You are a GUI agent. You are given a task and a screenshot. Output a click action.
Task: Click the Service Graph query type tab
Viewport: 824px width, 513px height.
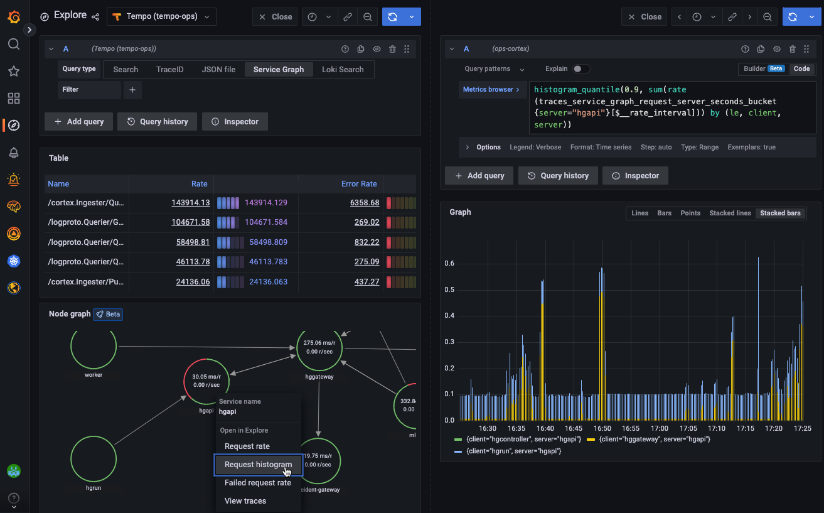(278, 70)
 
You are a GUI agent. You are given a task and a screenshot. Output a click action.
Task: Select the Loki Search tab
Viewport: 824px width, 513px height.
(342, 70)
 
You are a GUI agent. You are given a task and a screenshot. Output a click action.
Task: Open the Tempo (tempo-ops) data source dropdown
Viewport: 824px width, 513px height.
(161, 17)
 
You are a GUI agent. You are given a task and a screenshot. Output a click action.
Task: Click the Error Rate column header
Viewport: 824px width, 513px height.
(359, 184)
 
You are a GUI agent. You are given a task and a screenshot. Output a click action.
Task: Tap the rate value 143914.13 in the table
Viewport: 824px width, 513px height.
(190, 203)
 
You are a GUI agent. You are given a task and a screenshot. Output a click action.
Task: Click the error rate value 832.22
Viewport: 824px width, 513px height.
(367, 242)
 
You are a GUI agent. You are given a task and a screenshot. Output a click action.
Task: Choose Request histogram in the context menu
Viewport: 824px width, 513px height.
(258, 465)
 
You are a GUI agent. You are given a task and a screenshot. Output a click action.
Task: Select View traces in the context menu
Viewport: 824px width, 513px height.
(245, 501)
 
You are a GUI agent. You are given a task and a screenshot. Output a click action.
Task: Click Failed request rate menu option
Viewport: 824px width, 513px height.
(258, 483)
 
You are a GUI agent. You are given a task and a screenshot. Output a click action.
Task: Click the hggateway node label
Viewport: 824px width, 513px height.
(319, 377)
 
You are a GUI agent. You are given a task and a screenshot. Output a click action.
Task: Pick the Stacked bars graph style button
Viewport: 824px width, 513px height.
(780, 213)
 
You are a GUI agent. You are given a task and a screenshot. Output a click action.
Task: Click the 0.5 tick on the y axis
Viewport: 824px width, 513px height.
(449, 289)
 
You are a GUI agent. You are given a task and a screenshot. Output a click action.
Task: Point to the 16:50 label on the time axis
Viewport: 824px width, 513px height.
(602, 429)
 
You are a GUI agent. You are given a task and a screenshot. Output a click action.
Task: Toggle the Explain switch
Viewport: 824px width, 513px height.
(581, 69)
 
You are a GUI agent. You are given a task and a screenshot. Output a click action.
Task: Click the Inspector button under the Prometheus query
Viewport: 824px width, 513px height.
(635, 176)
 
